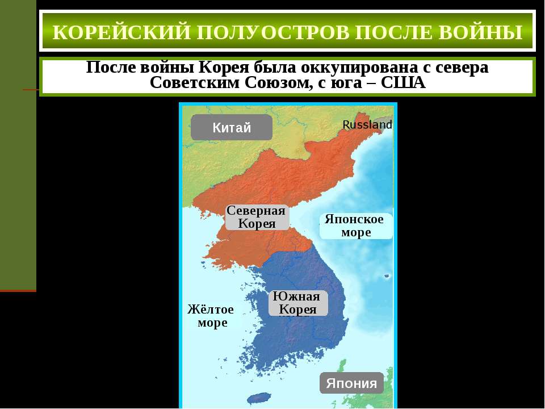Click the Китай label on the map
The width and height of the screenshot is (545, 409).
pos(232,128)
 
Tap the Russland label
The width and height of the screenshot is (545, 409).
pos(367,124)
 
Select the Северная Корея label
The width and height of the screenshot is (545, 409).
pos(256,217)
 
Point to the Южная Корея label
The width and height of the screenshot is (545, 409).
pos(298,303)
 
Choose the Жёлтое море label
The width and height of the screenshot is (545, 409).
pos(211,316)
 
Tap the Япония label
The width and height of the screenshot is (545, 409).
pos(352,383)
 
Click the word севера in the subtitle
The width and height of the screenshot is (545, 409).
pos(464,68)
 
